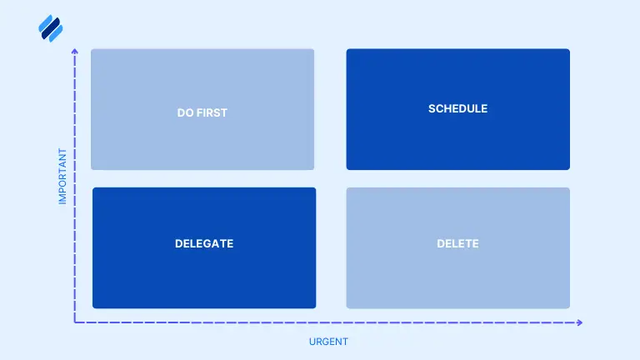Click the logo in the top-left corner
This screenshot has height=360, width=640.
[x=51, y=29]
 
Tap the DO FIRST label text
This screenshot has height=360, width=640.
[x=202, y=112]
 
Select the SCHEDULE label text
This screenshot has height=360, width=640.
[x=457, y=108]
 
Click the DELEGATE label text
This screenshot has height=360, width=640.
[x=204, y=244]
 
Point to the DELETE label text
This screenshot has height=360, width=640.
[x=457, y=244]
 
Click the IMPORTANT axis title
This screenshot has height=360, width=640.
[x=62, y=177]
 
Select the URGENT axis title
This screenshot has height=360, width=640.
[x=328, y=342]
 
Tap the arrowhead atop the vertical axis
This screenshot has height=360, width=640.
[x=75, y=52]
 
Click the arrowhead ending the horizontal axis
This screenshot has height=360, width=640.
[x=579, y=322]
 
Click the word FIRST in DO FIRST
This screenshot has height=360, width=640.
[x=212, y=112]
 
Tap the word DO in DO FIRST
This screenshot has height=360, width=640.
[x=186, y=112]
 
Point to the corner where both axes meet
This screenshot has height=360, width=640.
[x=75, y=322]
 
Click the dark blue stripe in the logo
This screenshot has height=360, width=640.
[x=52, y=30]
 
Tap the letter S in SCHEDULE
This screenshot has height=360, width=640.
[x=432, y=108]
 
